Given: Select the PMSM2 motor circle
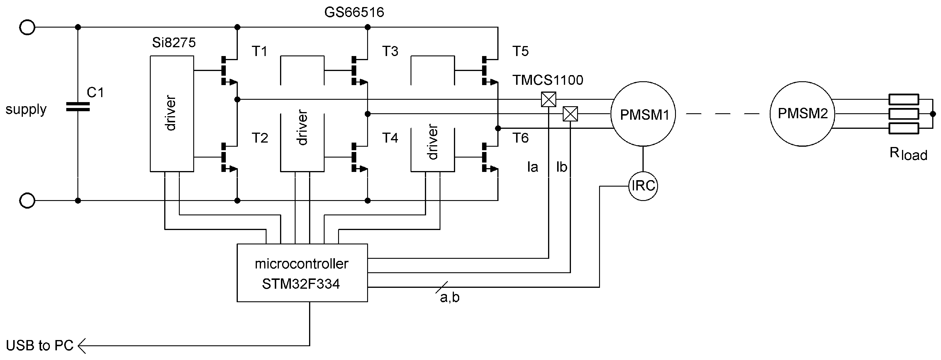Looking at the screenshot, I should tap(802, 114).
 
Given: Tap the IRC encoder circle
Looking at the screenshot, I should tap(643, 186).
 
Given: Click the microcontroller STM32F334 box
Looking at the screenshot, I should tap(302, 273).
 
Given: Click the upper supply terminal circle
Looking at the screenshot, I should tap(27, 27).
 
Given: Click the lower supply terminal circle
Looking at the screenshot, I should tap(27, 201).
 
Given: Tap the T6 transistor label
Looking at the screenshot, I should tap(520, 138).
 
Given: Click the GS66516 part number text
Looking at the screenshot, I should tap(354, 12).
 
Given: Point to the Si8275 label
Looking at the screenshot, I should tap(174, 43).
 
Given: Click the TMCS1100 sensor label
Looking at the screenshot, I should tap(547, 80).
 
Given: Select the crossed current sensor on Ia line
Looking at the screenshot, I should tap(548, 99).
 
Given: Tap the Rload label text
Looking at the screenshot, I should tap(908, 153).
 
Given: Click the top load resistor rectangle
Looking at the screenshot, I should tap(903, 99).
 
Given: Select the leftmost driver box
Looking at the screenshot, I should tap(172, 114).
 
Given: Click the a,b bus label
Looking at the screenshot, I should tap(450, 298).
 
